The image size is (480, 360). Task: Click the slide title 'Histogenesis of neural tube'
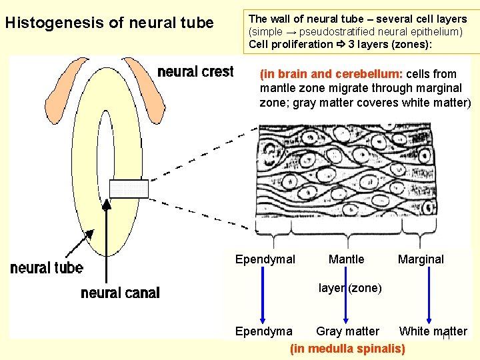tap(109, 23)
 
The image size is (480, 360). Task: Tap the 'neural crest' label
tap(195, 71)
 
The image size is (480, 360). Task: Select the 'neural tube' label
tap(47, 268)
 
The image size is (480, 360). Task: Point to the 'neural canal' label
tap(120, 293)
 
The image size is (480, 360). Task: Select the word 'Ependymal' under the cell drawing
tap(265, 259)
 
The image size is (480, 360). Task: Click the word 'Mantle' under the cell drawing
tap(347, 259)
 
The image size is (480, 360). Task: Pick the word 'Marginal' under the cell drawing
tap(421, 259)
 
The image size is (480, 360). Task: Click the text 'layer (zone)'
tap(350, 288)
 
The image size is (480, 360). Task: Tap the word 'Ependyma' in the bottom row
tap(263, 331)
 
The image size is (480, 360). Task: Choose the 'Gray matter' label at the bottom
tap(347, 331)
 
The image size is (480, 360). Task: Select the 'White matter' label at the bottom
tap(433, 331)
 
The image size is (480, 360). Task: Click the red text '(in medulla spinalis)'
tap(347, 348)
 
